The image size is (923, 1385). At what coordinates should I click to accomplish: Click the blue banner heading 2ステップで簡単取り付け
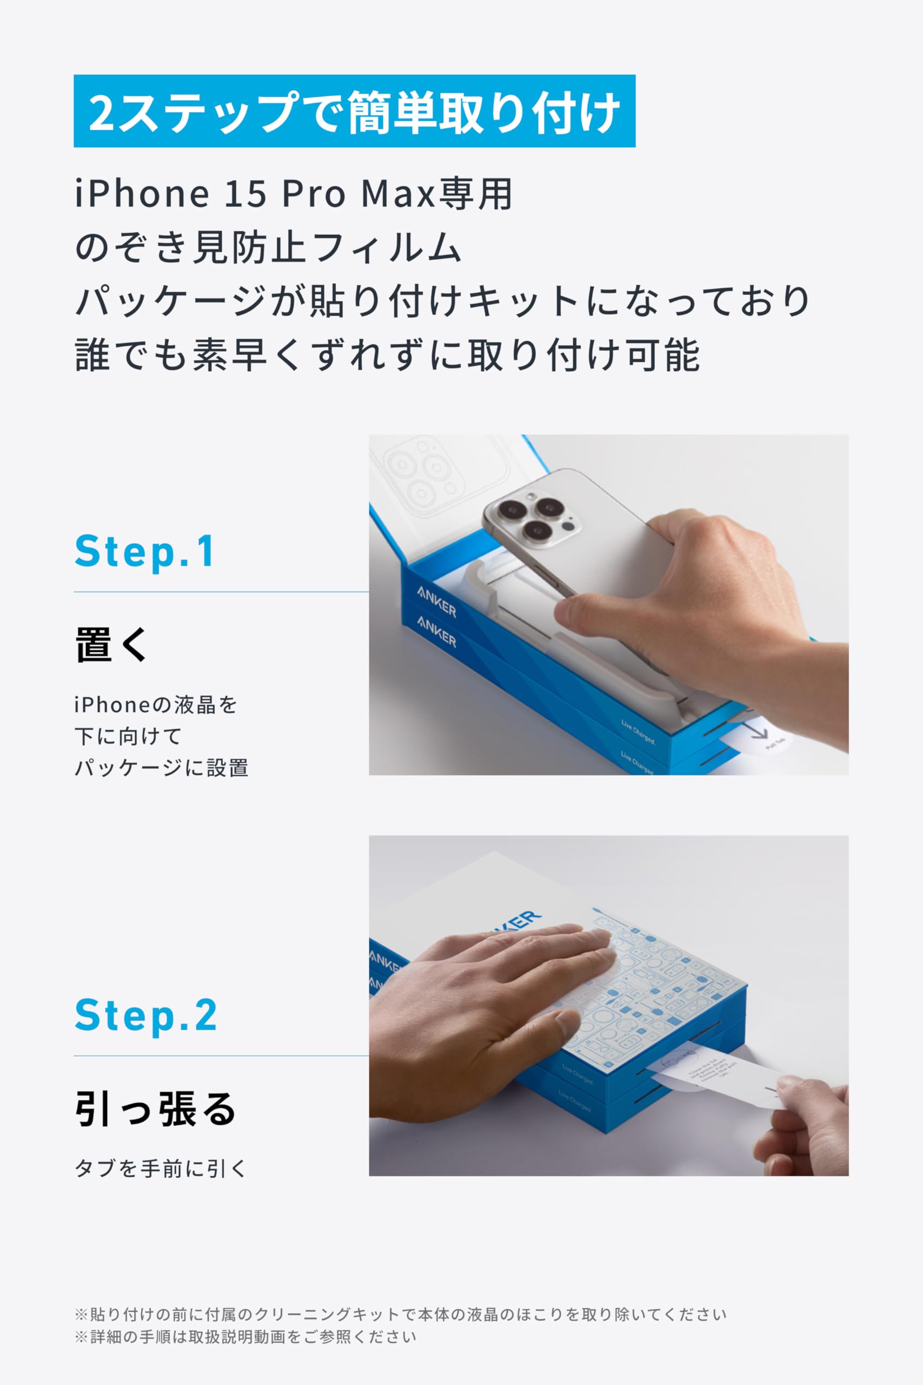[354, 111]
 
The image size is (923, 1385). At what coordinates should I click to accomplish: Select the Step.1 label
[145, 552]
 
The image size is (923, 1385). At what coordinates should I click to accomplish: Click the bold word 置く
[112, 644]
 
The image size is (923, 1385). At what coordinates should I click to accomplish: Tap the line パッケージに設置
[161, 768]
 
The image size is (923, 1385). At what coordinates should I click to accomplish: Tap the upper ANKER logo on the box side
[437, 601]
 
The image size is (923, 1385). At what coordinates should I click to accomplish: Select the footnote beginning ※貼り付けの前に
[400, 1314]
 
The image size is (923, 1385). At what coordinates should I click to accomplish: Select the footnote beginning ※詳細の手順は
[245, 1337]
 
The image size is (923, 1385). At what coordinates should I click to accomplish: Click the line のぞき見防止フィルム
[268, 247]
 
